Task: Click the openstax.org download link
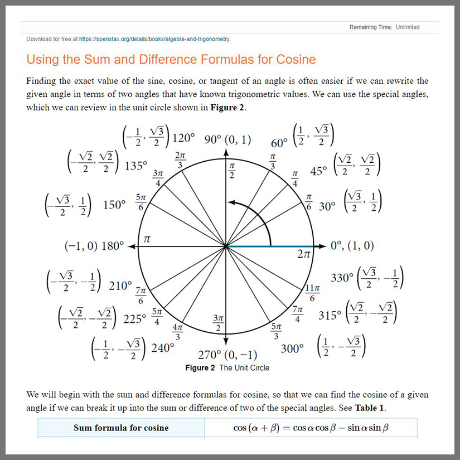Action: (x=154, y=39)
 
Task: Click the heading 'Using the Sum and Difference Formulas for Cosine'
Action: (x=171, y=60)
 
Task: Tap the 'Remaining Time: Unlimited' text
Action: (x=384, y=27)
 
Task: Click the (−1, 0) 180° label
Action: (x=94, y=246)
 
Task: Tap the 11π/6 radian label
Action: (x=313, y=292)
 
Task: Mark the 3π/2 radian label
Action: (x=218, y=322)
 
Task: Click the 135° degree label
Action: (x=135, y=166)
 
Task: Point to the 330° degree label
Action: (x=342, y=277)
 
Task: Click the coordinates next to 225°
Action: (x=88, y=318)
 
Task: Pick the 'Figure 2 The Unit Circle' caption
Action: (x=227, y=368)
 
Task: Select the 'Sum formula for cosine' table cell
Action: (x=121, y=428)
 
